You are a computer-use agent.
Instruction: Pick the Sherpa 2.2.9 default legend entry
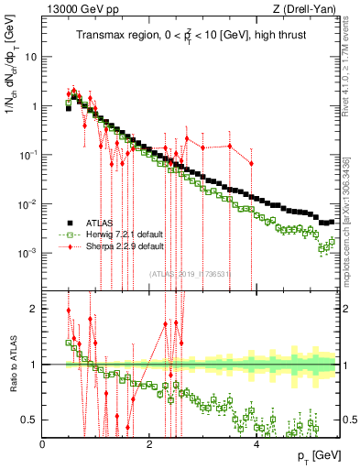click(x=118, y=246)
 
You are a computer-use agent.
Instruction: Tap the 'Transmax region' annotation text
click(x=110, y=36)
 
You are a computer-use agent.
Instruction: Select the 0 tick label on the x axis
click(x=42, y=443)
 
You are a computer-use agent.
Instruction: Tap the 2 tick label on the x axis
click(x=149, y=443)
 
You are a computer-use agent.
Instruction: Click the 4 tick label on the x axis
click(x=256, y=443)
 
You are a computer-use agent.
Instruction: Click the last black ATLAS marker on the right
click(x=332, y=221)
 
